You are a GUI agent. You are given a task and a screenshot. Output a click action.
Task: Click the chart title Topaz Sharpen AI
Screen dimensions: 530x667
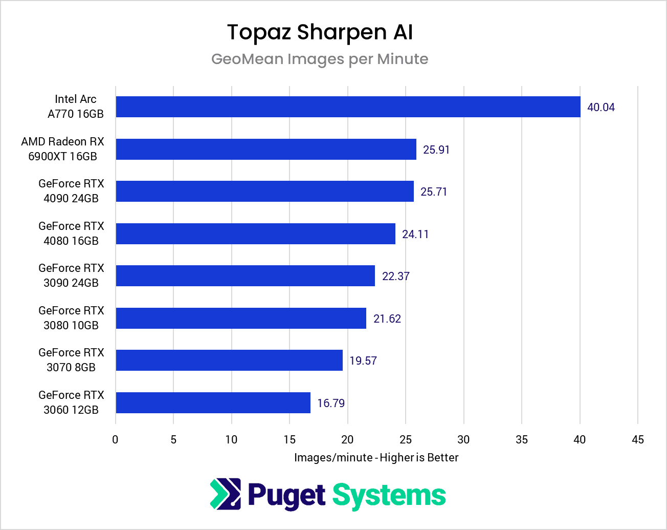pos(320,32)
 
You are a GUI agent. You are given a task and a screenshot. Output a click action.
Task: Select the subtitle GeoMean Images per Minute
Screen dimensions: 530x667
pos(320,59)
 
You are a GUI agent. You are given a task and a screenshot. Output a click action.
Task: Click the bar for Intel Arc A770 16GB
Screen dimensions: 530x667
pos(348,107)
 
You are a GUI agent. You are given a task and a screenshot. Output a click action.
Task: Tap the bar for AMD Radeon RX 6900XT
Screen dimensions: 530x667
pos(266,149)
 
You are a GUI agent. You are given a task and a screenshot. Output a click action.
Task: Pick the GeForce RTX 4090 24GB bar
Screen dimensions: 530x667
pos(264,192)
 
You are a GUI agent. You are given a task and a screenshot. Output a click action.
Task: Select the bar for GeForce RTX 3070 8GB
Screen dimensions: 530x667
pos(229,361)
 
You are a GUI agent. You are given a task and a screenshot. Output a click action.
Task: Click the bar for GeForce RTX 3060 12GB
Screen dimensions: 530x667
pos(213,403)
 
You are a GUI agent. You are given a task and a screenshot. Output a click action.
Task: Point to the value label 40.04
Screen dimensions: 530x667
pos(601,108)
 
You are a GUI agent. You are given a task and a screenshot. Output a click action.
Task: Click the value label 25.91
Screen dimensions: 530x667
pos(436,150)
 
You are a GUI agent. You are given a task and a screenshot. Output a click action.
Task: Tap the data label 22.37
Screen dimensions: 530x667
pos(395,277)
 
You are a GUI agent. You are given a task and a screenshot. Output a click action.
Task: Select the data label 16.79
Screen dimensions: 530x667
pos(330,404)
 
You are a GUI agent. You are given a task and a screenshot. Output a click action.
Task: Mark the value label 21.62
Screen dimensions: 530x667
pos(387,319)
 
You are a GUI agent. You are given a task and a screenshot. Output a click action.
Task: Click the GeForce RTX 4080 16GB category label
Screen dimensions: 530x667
pos(71,234)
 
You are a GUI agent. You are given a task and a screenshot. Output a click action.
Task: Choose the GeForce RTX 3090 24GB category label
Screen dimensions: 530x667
pos(71,275)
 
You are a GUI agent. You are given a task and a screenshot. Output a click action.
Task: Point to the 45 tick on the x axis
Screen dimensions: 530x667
pos(637,440)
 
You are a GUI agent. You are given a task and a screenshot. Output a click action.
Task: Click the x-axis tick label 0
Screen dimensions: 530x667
pos(116,440)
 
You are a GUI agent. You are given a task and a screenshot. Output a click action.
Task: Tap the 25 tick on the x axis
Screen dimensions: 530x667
pos(406,440)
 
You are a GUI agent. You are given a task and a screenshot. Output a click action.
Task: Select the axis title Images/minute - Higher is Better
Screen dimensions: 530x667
pos(376,458)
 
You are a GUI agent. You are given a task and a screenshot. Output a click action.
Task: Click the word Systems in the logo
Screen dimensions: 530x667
pos(389,496)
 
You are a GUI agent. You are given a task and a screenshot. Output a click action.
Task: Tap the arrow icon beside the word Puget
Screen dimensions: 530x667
pos(225,494)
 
